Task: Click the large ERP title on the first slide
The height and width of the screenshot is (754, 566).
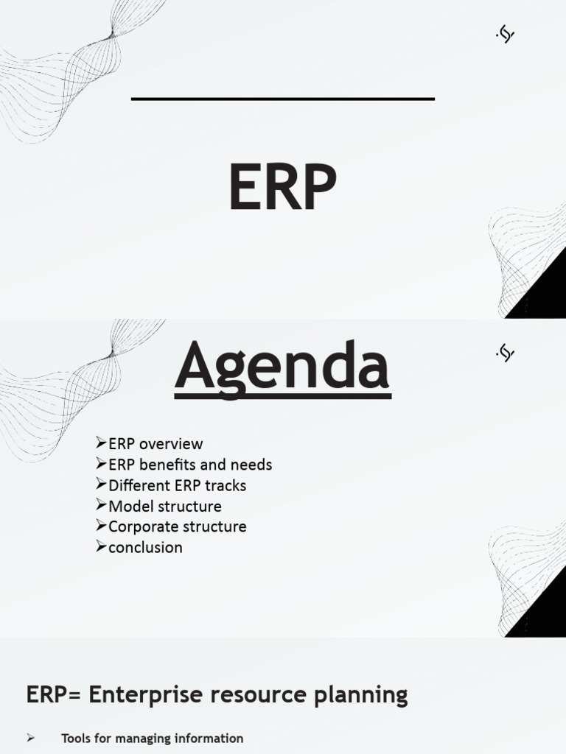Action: pos(282,188)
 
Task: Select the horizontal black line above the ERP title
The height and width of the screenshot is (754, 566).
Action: pos(282,98)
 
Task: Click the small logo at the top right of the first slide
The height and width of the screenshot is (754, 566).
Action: pos(505,34)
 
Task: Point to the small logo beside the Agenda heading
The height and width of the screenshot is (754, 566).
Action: pos(505,353)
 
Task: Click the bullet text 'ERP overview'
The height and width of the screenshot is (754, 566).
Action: pos(155,444)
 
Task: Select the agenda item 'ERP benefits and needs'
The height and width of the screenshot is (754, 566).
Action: pos(190,465)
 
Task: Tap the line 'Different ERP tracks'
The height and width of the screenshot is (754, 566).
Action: pos(177,485)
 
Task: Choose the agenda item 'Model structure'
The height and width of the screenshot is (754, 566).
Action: pos(164,506)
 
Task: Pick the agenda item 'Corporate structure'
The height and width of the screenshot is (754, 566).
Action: pos(177,526)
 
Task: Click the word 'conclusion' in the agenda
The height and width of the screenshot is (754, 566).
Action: pos(145,547)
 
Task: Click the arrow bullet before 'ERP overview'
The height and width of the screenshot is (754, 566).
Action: pos(102,443)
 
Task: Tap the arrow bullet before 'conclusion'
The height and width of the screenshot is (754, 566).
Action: pos(102,546)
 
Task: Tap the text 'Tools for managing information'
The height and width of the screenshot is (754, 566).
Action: pos(152,738)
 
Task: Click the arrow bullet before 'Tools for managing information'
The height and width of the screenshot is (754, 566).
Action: pos(31,738)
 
